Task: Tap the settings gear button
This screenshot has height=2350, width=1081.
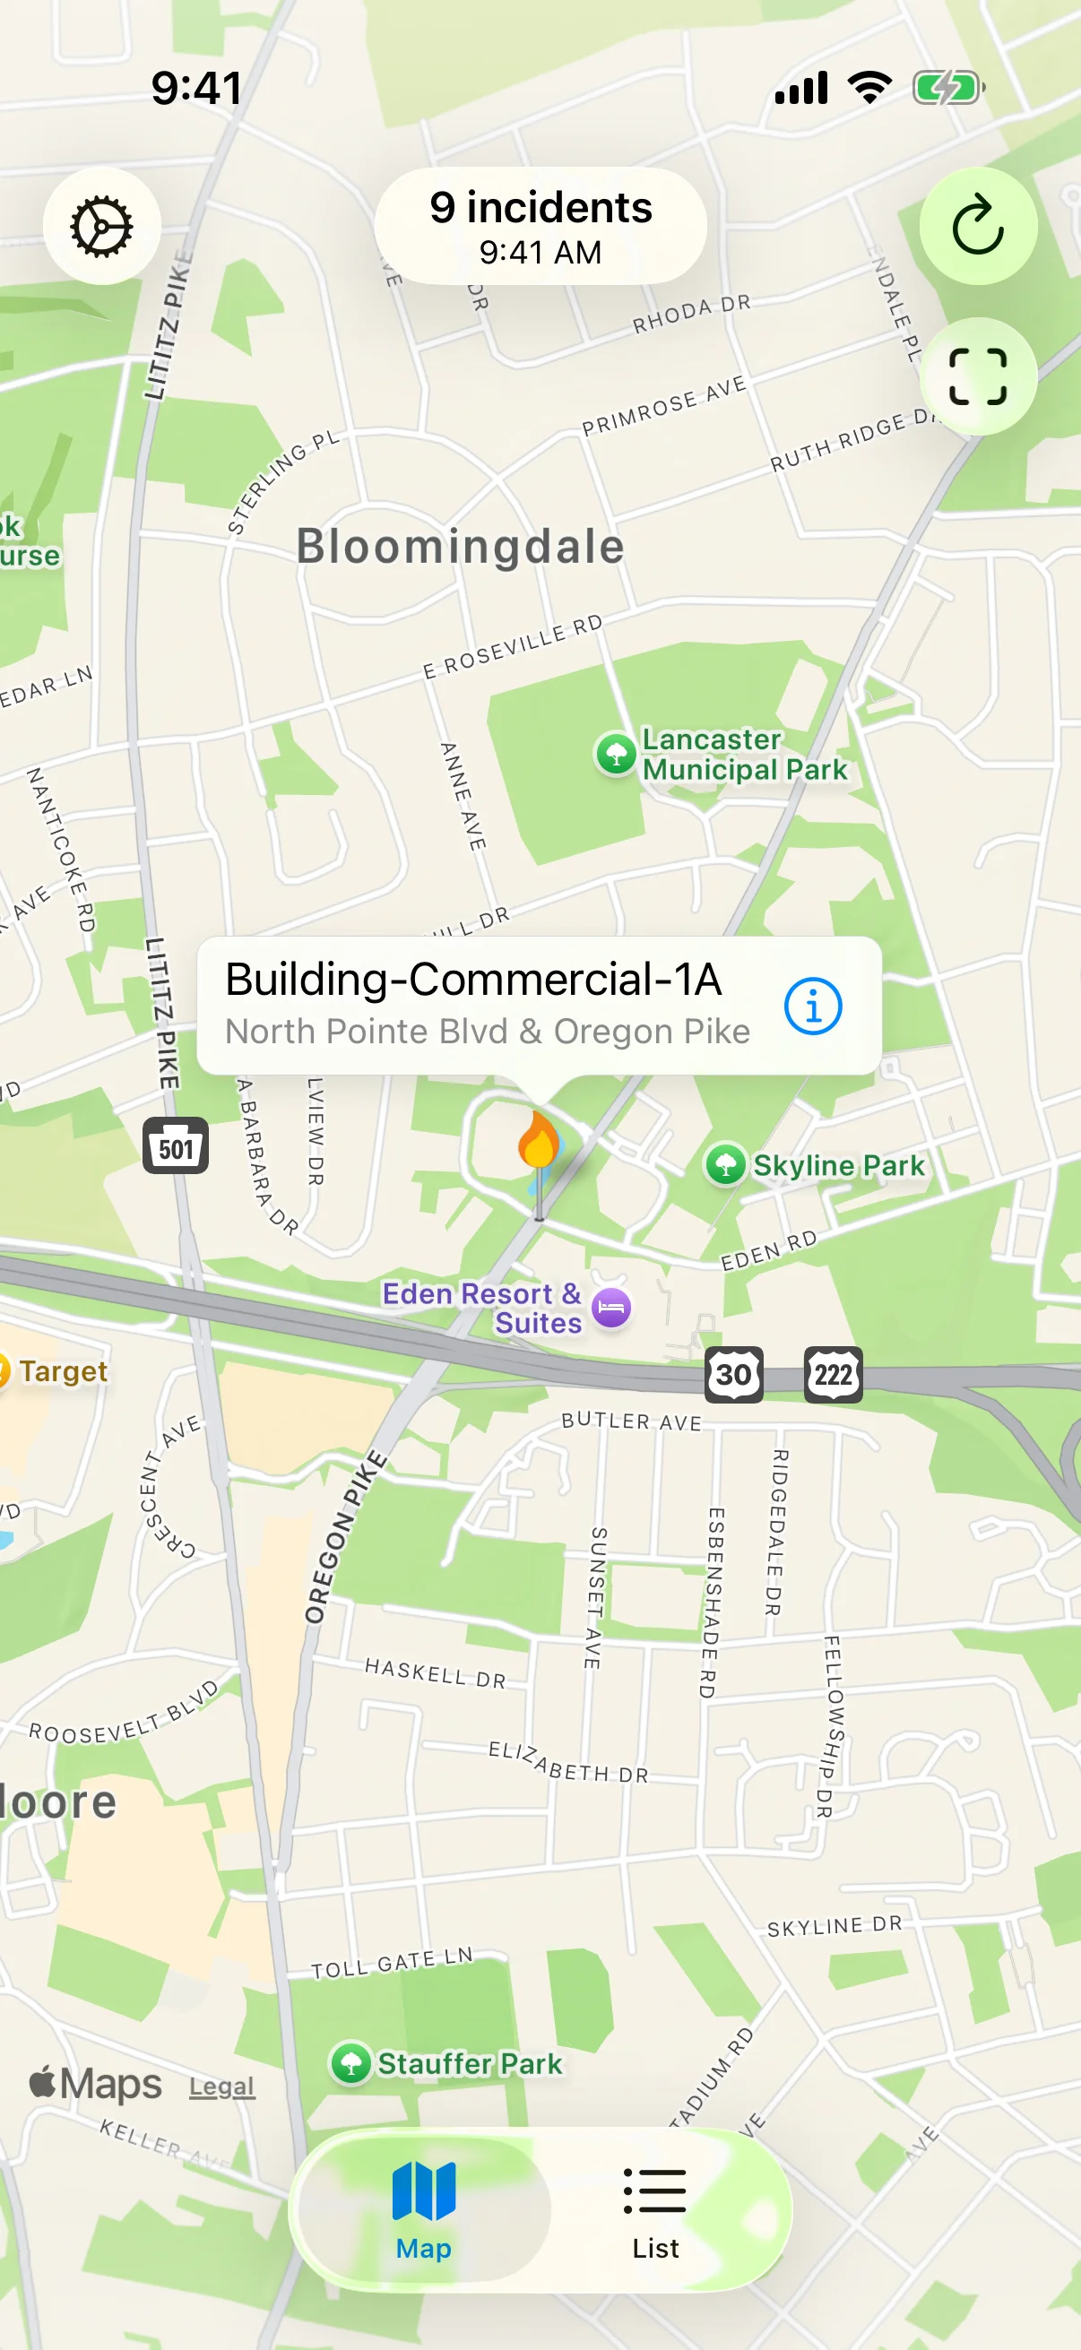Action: [x=101, y=226]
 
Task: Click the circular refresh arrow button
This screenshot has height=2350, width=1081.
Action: [x=977, y=226]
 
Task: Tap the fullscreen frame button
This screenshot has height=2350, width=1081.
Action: [x=977, y=376]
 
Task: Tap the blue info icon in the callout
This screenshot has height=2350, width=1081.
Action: [x=812, y=1006]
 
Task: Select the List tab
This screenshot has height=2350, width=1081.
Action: [x=655, y=2209]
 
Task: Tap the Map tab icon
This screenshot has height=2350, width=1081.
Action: [x=423, y=2192]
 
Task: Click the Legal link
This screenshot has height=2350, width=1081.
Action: [x=221, y=2086]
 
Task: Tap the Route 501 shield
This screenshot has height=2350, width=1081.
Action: [x=175, y=1145]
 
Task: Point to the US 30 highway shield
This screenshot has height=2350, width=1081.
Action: [x=733, y=1374]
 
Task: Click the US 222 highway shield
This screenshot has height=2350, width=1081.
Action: [x=833, y=1374]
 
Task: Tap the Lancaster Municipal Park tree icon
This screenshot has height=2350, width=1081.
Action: [x=616, y=755]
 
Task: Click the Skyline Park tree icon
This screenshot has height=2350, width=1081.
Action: [x=725, y=1165]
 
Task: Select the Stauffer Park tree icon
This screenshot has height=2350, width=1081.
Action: [x=350, y=2062]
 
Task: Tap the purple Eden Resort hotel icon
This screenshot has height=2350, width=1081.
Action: [x=611, y=1309]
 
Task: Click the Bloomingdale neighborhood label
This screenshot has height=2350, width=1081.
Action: [x=461, y=547]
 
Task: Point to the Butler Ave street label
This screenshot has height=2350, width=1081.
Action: [x=631, y=1421]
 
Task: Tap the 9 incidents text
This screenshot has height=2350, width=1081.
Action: [x=541, y=208]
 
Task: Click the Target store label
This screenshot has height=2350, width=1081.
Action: [x=62, y=1371]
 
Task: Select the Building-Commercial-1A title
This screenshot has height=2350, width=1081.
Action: [x=473, y=979]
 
